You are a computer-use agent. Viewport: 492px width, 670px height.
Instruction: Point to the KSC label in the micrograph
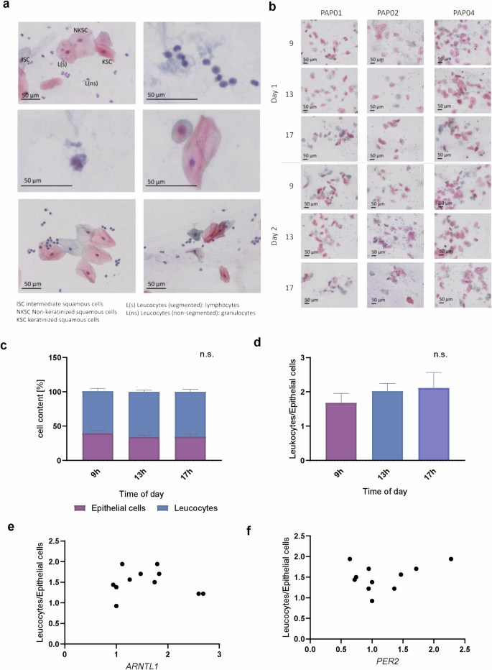[107, 63]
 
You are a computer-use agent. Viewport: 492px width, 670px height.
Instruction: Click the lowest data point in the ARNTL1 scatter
[116, 605]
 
